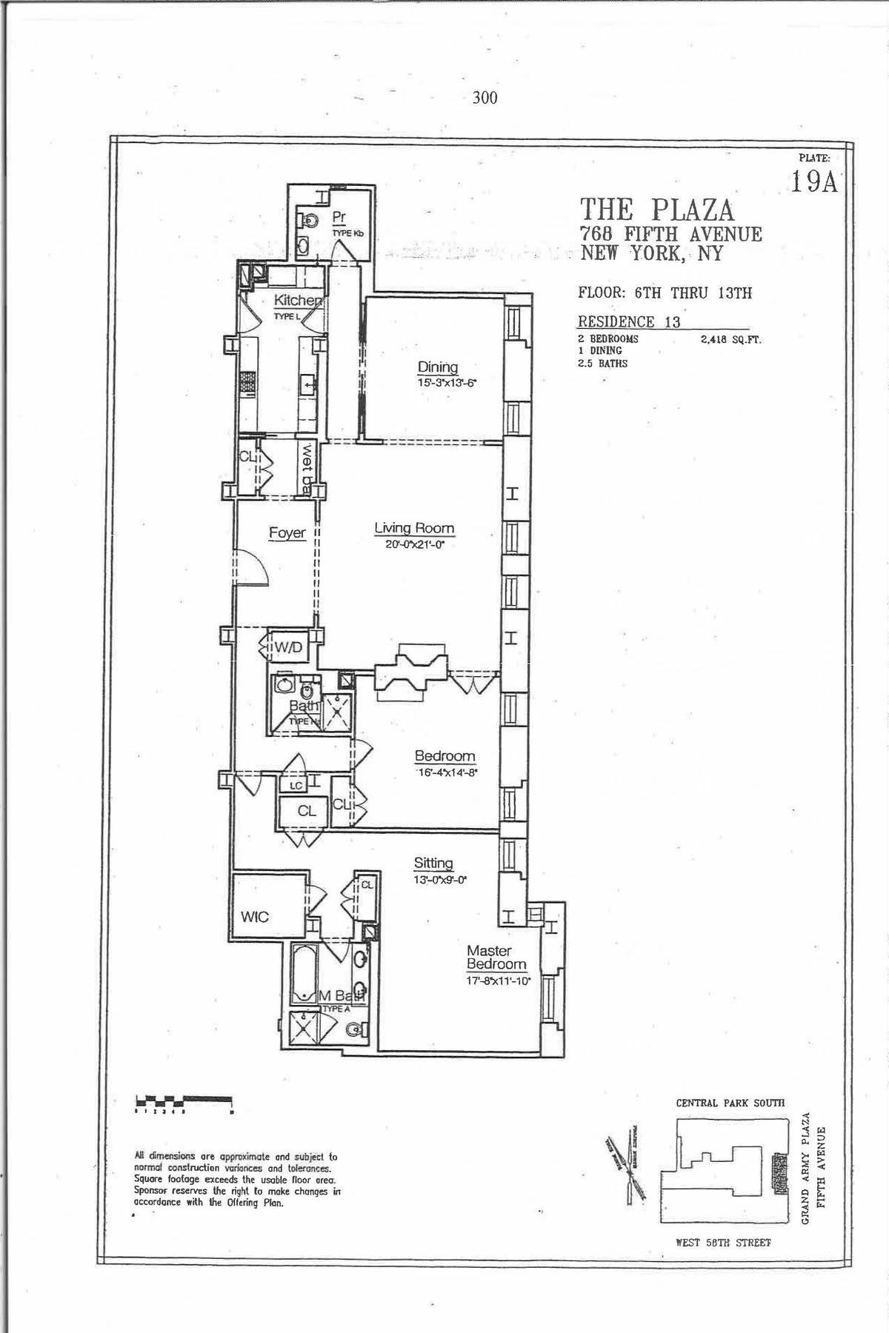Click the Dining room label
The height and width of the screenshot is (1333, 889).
pos(438,367)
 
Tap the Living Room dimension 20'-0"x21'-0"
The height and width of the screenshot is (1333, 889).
pos(413,544)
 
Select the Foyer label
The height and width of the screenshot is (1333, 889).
pos(287,532)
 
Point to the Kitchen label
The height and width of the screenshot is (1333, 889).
pos(299,301)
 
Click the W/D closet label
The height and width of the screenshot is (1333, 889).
pos(289,648)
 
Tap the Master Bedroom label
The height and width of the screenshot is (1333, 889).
pos(496,958)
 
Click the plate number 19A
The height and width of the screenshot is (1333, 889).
pos(813,181)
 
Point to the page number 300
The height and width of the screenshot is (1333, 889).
pos(485,98)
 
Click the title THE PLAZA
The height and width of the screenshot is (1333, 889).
pos(657,210)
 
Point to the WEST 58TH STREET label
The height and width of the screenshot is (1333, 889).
pos(723,1242)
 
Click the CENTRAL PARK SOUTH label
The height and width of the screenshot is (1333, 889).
pos(730,1103)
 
